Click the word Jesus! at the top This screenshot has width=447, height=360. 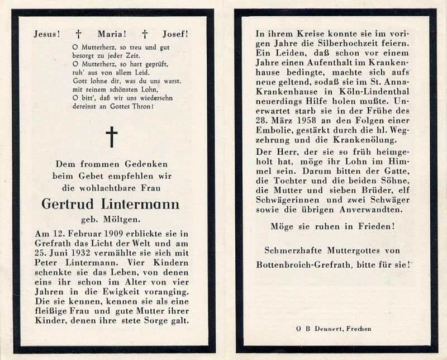pyautogui.click(x=46, y=34)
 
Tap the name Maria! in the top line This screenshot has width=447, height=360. pyautogui.click(x=111, y=34)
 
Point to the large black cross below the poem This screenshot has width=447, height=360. pyautogui.click(x=112, y=137)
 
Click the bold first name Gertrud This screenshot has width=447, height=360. pyautogui.click(x=70, y=204)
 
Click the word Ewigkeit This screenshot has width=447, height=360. pyautogui.click(x=116, y=290)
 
